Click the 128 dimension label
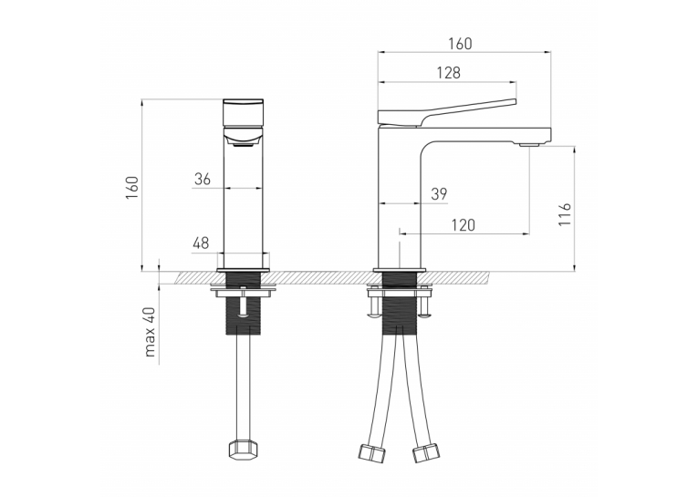click(x=448, y=73)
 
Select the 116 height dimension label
click(x=565, y=214)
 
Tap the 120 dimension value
click(x=464, y=225)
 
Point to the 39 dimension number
click(x=439, y=194)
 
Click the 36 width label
click(x=203, y=179)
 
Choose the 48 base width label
click(x=201, y=243)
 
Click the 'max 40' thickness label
click(x=150, y=331)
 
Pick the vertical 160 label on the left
click(x=132, y=187)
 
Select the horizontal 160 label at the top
click(x=460, y=44)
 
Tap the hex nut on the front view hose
click(x=240, y=449)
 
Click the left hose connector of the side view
click(x=372, y=453)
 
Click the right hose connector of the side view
click(x=425, y=453)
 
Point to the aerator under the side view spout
click(x=530, y=144)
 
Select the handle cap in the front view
click(x=243, y=112)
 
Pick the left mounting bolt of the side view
click(x=374, y=307)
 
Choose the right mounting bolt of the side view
click(x=425, y=307)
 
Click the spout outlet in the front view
click(x=243, y=142)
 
